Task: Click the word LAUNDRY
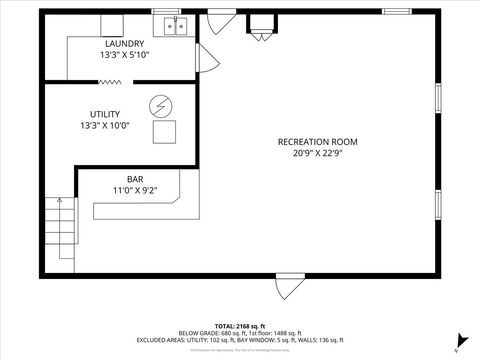124,44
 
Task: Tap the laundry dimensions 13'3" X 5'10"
124,56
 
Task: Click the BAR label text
121,177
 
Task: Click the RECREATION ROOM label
317,141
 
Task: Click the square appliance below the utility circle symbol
162,131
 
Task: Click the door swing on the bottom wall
286,288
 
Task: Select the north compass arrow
458,341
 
